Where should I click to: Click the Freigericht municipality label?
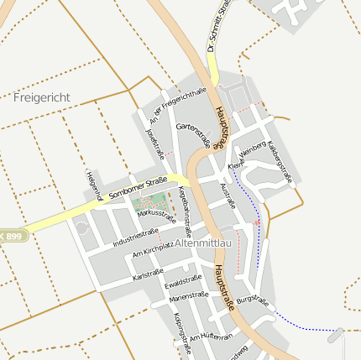[42, 97]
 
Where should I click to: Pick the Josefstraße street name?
[154, 142]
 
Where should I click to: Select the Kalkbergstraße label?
[280, 162]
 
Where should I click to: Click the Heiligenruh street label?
[94, 185]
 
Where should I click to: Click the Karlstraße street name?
[148, 274]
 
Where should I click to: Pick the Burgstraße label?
[251, 300]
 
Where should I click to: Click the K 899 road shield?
[14, 237]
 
